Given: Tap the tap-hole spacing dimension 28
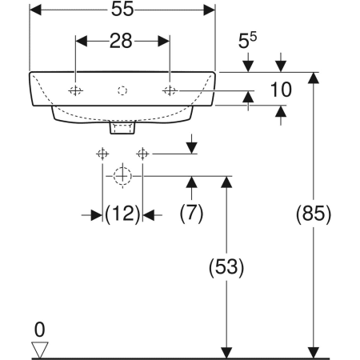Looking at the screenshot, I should click(x=122, y=41).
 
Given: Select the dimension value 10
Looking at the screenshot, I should click(x=279, y=90).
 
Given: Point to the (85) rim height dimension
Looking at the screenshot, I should click(x=313, y=214).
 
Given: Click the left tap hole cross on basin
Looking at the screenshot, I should click(x=75, y=90).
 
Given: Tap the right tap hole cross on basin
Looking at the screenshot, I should click(x=170, y=90).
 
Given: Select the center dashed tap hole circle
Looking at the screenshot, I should click(x=122, y=90).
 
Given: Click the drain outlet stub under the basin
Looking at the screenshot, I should click(x=122, y=126).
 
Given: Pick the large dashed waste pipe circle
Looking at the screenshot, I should click(x=122, y=175).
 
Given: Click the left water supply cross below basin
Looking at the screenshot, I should click(x=102, y=153).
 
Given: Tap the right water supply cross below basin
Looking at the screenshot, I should click(x=143, y=153).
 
